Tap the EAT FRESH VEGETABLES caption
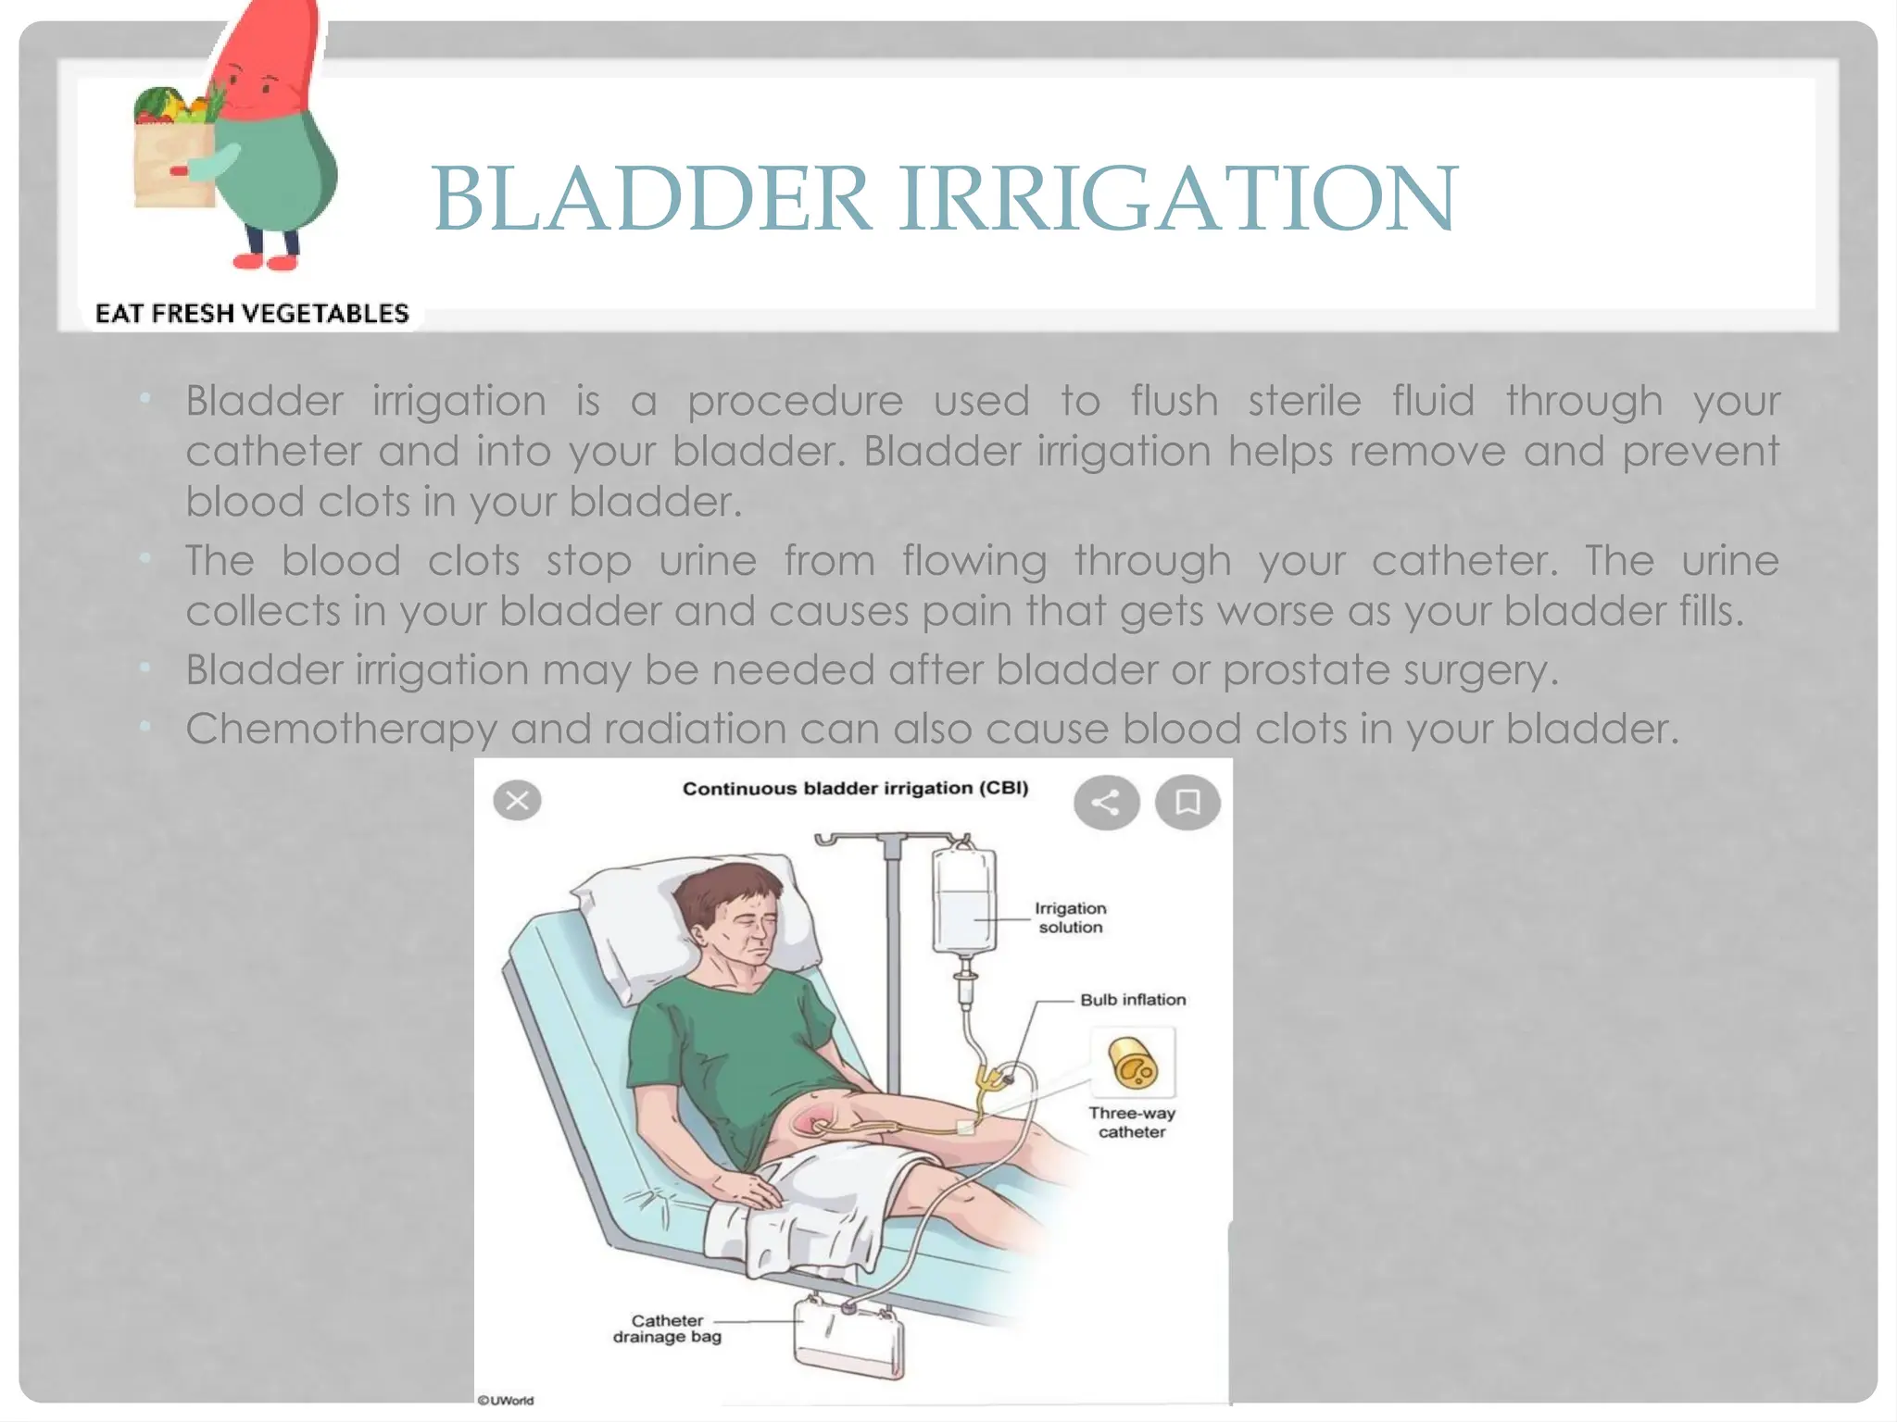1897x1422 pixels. [252, 314]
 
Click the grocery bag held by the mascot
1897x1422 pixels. [174, 157]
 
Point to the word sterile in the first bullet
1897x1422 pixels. [1304, 402]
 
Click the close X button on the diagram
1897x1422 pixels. [517, 801]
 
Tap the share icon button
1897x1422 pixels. [1106, 802]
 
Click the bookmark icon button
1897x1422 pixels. [1187, 802]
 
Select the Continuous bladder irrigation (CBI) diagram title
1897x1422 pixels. [855, 789]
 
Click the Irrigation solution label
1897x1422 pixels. [1071, 917]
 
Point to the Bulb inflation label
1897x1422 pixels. [1132, 1000]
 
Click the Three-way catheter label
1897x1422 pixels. [1132, 1122]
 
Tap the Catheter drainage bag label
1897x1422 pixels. [667, 1328]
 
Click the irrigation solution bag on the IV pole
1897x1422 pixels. [963, 903]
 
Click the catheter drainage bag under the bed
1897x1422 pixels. [848, 1337]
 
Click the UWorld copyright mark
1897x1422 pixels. [506, 1400]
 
